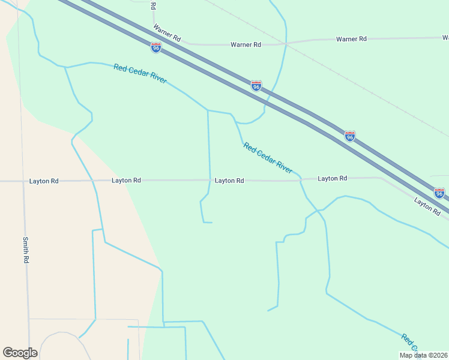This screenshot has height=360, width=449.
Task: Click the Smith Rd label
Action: point(26,250)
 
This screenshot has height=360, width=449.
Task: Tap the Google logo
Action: point(20,353)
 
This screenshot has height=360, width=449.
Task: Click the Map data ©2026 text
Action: point(424,355)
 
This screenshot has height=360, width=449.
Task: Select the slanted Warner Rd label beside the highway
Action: point(167,32)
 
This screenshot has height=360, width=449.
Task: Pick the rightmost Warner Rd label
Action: point(351,39)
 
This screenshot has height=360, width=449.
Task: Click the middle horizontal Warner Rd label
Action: point(246,44)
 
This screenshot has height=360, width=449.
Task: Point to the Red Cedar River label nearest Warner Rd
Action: point(140,73)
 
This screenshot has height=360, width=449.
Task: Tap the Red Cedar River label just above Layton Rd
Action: point(268,158)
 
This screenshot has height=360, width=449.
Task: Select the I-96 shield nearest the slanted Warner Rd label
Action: point(156,47)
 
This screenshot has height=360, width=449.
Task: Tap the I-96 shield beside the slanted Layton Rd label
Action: point(439,193)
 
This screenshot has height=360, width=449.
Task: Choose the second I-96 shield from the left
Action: point(256,86)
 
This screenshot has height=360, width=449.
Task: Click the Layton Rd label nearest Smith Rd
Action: point(44,181)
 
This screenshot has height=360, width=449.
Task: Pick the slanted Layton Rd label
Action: point(427,205)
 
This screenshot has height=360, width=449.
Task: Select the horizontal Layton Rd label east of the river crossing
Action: point(333,178)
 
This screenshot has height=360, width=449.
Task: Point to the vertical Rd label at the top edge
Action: point(153,5)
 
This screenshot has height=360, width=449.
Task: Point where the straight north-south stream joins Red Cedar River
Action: point(208,110)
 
